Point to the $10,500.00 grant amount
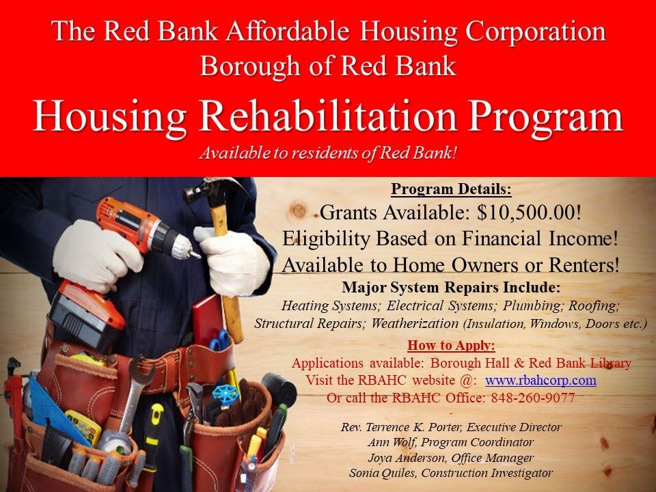530,213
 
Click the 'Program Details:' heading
451,189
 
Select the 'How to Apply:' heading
451,344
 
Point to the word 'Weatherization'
415,323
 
